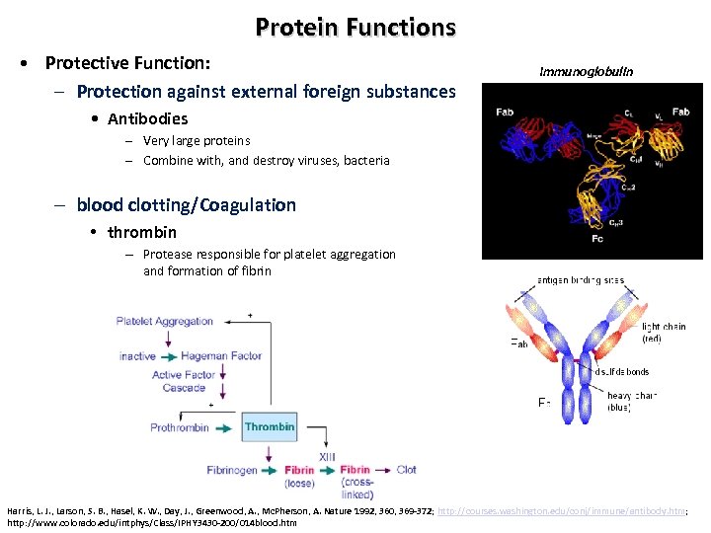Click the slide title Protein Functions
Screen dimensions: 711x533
[355, 27]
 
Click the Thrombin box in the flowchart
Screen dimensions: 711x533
[270, 427]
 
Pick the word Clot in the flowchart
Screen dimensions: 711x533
[407, 470]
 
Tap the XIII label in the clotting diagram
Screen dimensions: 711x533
[328, 456]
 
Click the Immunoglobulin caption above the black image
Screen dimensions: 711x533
[587, 71]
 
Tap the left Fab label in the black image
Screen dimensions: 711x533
[506, 112]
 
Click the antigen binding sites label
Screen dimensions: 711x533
[580, 280]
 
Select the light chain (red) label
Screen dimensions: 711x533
[664, 332]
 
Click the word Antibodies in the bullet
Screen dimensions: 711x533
[147, 118]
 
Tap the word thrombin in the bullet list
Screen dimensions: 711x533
[142, 232]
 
